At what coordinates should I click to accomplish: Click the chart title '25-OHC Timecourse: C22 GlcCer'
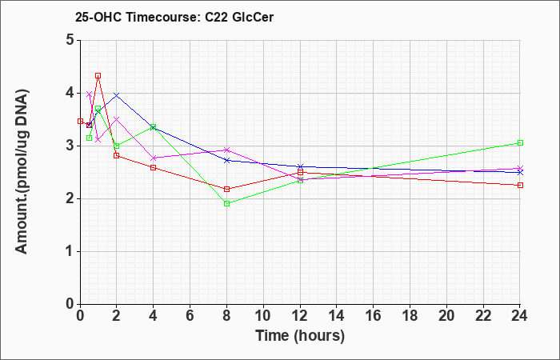pyautogui.click(x=174, y=17)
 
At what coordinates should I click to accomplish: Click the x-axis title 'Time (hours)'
pyautogui.click(x=300, y=336)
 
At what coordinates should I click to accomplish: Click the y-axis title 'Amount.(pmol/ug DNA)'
pyautogui.click(x=22, y=172)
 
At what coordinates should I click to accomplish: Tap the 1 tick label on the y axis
pyautogui.click(x=70, y=251)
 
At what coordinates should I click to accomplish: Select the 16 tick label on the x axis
pyautogui.click(x=374, y=316)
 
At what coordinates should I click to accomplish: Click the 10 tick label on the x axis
pyautogui.click(x=263, y=316)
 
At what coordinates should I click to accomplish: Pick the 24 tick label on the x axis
pyautogui.click(x=520, y=316)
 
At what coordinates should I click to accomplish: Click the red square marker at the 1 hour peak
pyautogui.click(x=98, y=76)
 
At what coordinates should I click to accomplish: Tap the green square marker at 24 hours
pyautogui.click(x=520, y=143)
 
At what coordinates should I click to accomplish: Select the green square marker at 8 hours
pyautogui.click(x=226, y=203)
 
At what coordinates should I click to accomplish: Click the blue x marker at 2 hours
pyautogui.click(x=117, y=95)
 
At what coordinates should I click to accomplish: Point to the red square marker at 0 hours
pyautogui.click(x=80, y=121)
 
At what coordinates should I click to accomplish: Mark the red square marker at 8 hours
pyautogui.click(x=226, y=190)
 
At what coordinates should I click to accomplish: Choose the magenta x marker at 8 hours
pyautogui.click(x=226, y=150)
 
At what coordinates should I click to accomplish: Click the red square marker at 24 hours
pyautogui.click(x=520, y=185)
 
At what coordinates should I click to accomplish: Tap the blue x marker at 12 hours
pyautogui.click(x=300, y=166)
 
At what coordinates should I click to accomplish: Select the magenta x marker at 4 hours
pyautogui.click(x=154, y=158)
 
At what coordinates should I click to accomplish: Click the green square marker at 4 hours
pyautogui.click(x=154, y=126)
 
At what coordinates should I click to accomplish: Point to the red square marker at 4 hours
pyautogui.click(x=154, y=167)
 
